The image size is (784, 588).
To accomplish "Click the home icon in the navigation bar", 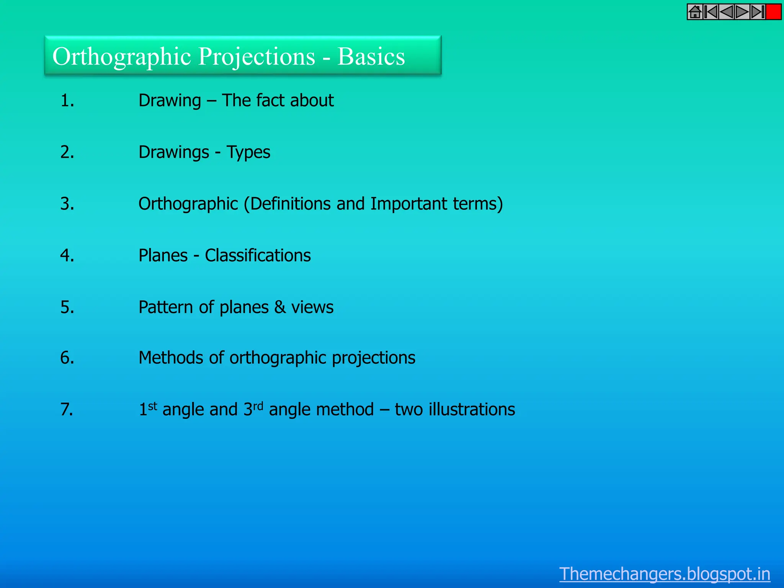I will point(695,12).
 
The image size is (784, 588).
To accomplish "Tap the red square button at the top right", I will point(773,12).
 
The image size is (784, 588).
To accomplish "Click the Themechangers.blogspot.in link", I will point(665,574).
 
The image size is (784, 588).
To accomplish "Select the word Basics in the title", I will point(371,57).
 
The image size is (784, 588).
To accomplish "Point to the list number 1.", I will point(67,101).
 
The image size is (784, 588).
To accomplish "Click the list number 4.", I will point(67,255).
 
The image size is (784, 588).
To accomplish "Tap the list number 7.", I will point(67,409).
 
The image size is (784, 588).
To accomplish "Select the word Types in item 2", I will point(248,152).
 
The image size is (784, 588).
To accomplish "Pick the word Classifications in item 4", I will point(258,255).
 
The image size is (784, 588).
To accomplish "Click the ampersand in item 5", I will point(280,307).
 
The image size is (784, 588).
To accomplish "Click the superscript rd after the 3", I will point(258,405).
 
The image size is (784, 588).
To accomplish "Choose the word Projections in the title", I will point(257,57).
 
